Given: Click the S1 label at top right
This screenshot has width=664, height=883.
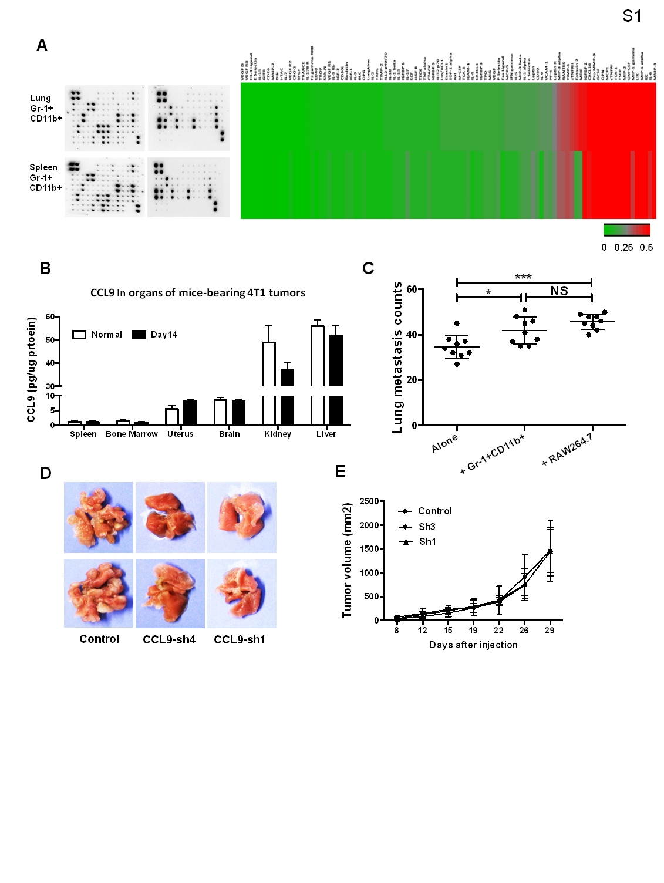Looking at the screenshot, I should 632,16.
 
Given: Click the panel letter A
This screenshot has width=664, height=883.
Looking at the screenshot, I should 42,45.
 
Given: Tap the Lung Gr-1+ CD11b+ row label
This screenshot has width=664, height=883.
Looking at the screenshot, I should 45,108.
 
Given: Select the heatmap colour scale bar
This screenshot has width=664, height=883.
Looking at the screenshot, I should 626,230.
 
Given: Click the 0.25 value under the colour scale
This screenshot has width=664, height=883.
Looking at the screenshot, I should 623,247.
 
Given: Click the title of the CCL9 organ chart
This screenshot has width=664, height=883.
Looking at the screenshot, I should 197,292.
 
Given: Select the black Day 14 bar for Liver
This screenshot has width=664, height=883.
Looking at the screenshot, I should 336,376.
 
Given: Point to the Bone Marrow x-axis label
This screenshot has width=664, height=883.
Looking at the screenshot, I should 132,434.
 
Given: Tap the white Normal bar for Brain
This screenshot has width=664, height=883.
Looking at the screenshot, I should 220,412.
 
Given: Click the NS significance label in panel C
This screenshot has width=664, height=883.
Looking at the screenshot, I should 559,291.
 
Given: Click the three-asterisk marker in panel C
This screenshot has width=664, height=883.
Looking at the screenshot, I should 523,277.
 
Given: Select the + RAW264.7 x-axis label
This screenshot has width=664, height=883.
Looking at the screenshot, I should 567,450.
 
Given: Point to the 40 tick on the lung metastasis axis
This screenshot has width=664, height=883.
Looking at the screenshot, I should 412,335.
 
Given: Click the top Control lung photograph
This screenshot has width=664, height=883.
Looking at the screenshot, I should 99,517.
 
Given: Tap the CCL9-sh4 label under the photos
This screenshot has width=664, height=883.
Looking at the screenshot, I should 169,639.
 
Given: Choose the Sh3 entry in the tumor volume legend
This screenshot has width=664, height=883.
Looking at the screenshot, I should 426,527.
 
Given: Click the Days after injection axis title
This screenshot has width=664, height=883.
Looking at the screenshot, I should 473,645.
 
